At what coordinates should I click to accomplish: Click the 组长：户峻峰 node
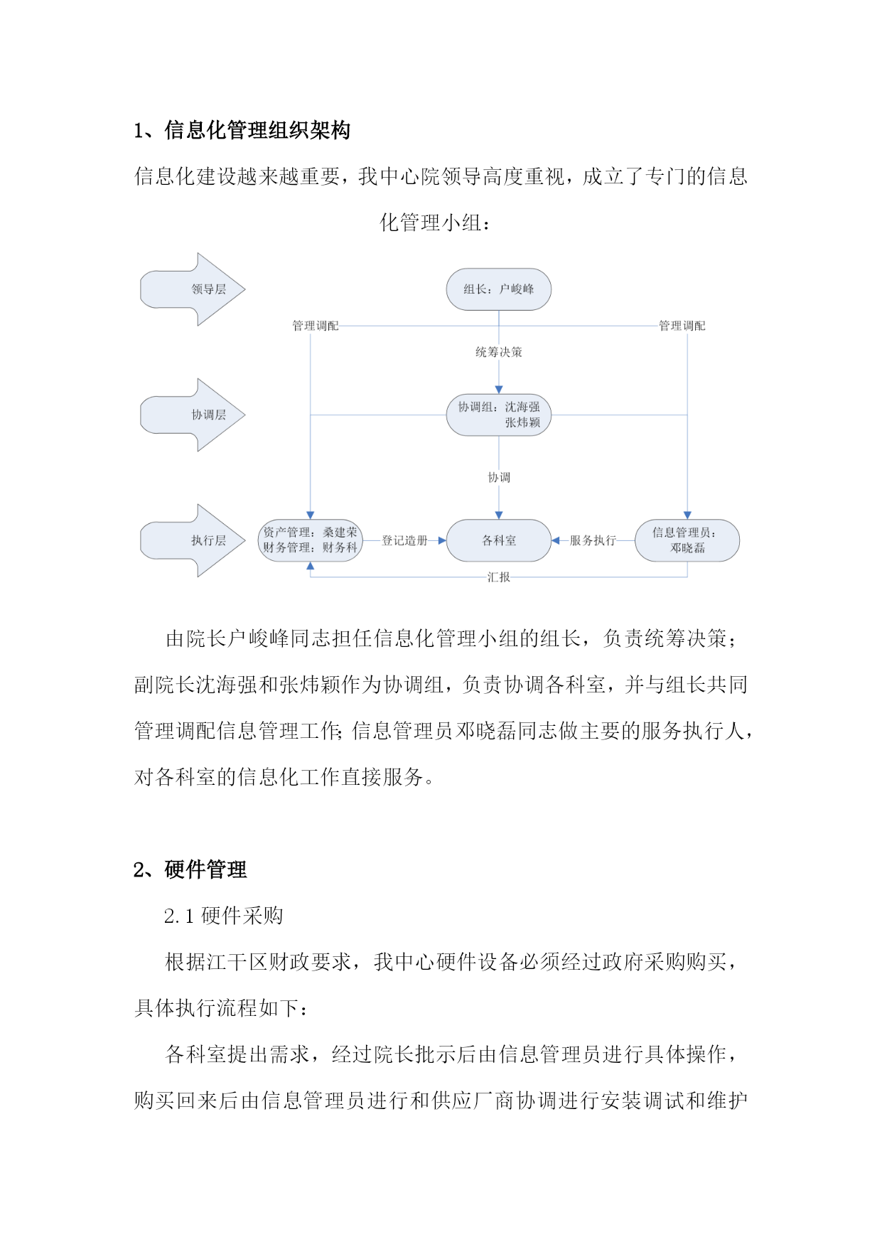point(498,289)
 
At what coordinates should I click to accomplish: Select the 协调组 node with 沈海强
point(498,414)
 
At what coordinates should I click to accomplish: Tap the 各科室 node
point(498,540)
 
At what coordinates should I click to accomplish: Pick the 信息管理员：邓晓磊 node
point(687,540)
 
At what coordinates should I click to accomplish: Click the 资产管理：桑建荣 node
point(310,540)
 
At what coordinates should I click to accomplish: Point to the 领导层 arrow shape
point(193,289)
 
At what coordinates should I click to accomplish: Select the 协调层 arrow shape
point(193,414)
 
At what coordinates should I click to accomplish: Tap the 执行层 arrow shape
point(193,540)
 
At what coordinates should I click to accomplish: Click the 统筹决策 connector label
point(498,352)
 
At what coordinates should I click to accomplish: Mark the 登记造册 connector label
point(404,540)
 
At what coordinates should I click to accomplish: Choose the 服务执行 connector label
point(593,540)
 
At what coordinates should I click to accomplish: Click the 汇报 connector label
point(498,577)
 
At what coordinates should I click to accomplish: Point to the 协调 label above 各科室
point(498,477)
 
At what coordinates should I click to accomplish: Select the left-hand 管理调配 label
point(316,326)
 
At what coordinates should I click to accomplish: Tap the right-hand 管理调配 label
point(682,326)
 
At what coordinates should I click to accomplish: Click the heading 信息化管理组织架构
point(257,130)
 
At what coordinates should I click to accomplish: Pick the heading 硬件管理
point(205,869)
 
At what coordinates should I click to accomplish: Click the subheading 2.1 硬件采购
point(223,916)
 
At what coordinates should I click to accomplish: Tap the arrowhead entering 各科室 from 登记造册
point(441,540)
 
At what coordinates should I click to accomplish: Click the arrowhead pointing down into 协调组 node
point(498,390)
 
